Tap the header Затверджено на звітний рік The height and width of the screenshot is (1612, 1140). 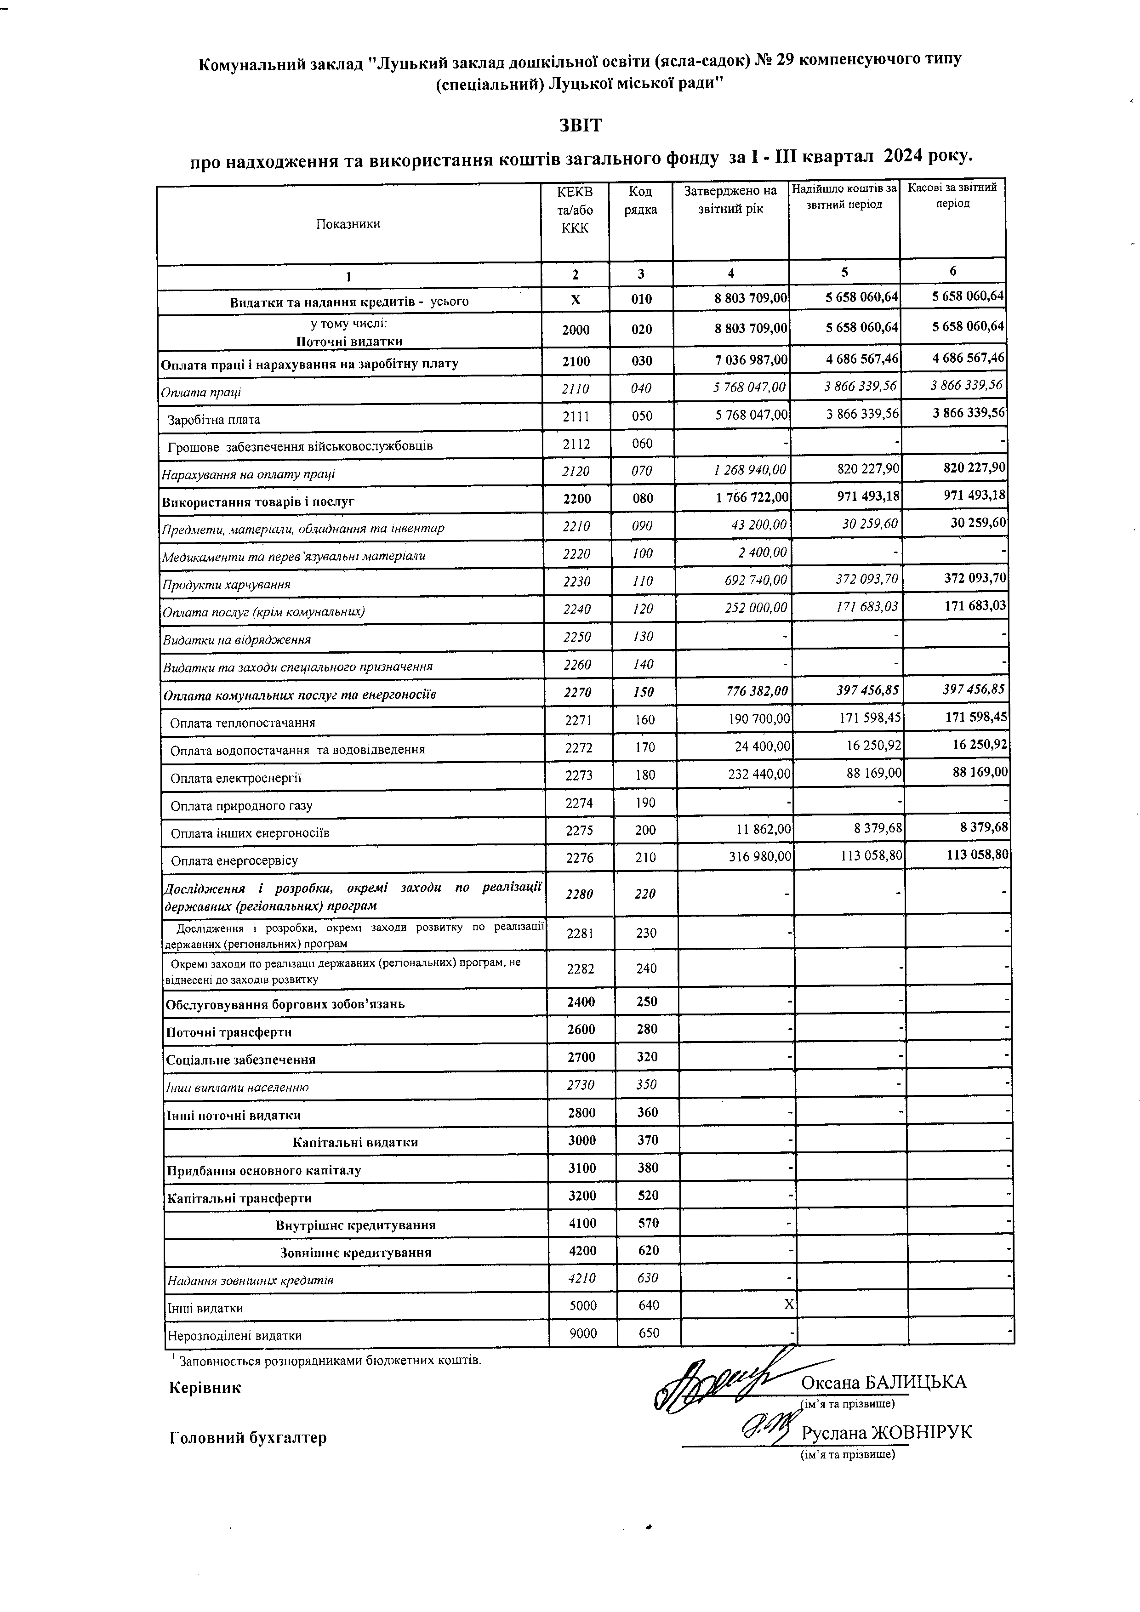731,200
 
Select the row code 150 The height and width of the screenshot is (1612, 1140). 642,692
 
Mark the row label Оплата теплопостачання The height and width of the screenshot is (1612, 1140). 242,723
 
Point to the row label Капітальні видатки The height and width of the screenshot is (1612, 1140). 355,1142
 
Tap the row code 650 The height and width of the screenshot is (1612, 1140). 650,1333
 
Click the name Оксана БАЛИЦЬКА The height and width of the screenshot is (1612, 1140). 883,1382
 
